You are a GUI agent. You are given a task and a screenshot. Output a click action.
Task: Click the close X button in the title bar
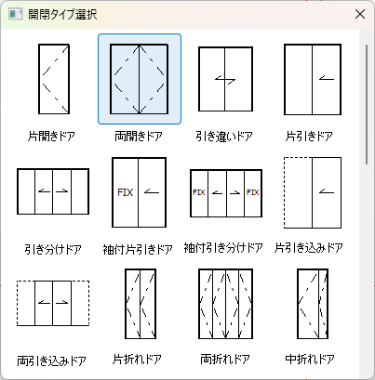tap(360, 14)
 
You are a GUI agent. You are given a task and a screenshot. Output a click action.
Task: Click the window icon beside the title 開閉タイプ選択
tap(15, 14)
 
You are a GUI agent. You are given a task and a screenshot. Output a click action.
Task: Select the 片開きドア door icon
tap(54, 79)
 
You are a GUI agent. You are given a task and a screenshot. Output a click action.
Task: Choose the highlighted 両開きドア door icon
tap(140, 79)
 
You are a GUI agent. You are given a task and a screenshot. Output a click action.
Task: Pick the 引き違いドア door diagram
tap(225, 79)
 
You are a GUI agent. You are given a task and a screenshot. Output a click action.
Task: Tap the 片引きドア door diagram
tap(313, 79)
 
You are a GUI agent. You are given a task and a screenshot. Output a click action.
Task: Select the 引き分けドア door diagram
tap(53, 191)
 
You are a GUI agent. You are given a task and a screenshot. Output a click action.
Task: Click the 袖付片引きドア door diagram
tap(140, 192)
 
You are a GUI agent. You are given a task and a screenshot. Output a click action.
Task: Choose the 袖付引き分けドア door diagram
tap(226, 193)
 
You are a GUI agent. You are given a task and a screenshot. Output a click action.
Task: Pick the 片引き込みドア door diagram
tap(313, 192)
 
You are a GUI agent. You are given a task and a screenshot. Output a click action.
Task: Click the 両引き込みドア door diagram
tap(53, 303)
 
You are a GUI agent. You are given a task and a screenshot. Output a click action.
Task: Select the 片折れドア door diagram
tap(141, 304)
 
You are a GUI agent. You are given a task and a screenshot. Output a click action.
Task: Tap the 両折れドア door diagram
tap(225, 304)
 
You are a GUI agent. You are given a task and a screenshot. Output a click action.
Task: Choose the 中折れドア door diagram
tap(313, 304)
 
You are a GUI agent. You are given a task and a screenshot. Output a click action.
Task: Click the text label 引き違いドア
tap(224, 137)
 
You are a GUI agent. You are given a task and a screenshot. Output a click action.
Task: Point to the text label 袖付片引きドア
tap(138, 249)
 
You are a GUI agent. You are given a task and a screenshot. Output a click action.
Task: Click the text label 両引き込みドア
tap(51, 360)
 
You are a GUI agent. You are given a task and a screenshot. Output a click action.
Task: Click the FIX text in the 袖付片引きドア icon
tap(126, 192)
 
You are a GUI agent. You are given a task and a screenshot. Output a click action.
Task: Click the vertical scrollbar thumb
tap(367, 105)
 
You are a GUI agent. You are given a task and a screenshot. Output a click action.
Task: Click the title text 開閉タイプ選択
tap(62, 14)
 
